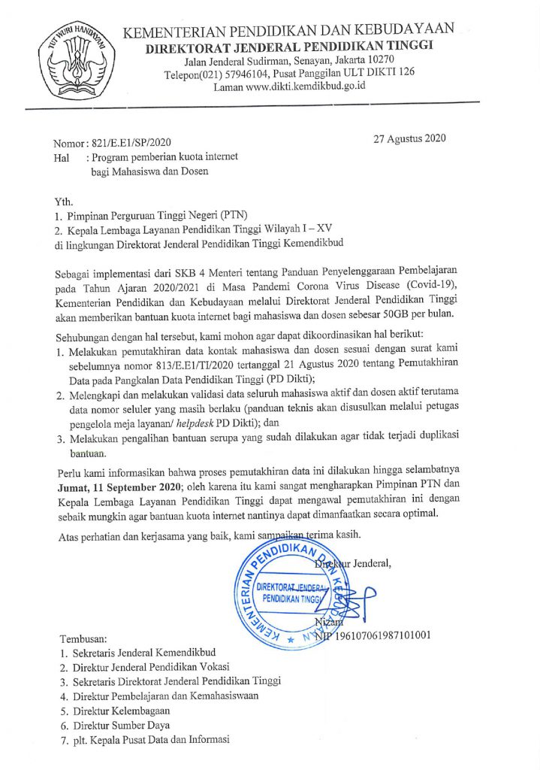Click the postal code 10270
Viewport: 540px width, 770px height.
click(390, 61)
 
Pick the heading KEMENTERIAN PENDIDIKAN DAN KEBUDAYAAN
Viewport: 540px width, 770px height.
click(288, 30)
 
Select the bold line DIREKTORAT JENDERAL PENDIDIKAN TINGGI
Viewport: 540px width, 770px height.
click(290, 47)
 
